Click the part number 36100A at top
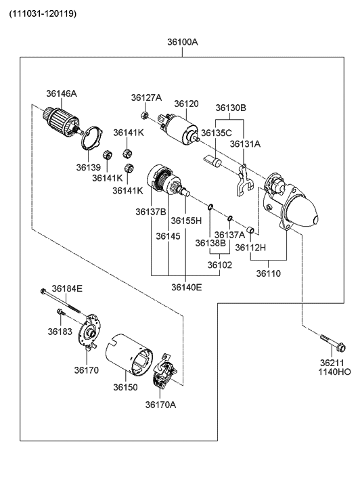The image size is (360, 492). tap(183, 42)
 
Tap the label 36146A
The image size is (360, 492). tap(62, 93)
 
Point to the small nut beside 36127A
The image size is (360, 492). tap(144, 113)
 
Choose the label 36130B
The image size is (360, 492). tap(231, 108)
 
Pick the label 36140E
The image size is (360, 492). tap(186, 287)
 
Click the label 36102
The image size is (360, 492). tap(220, 265)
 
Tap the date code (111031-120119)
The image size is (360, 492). tap(43, 13)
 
